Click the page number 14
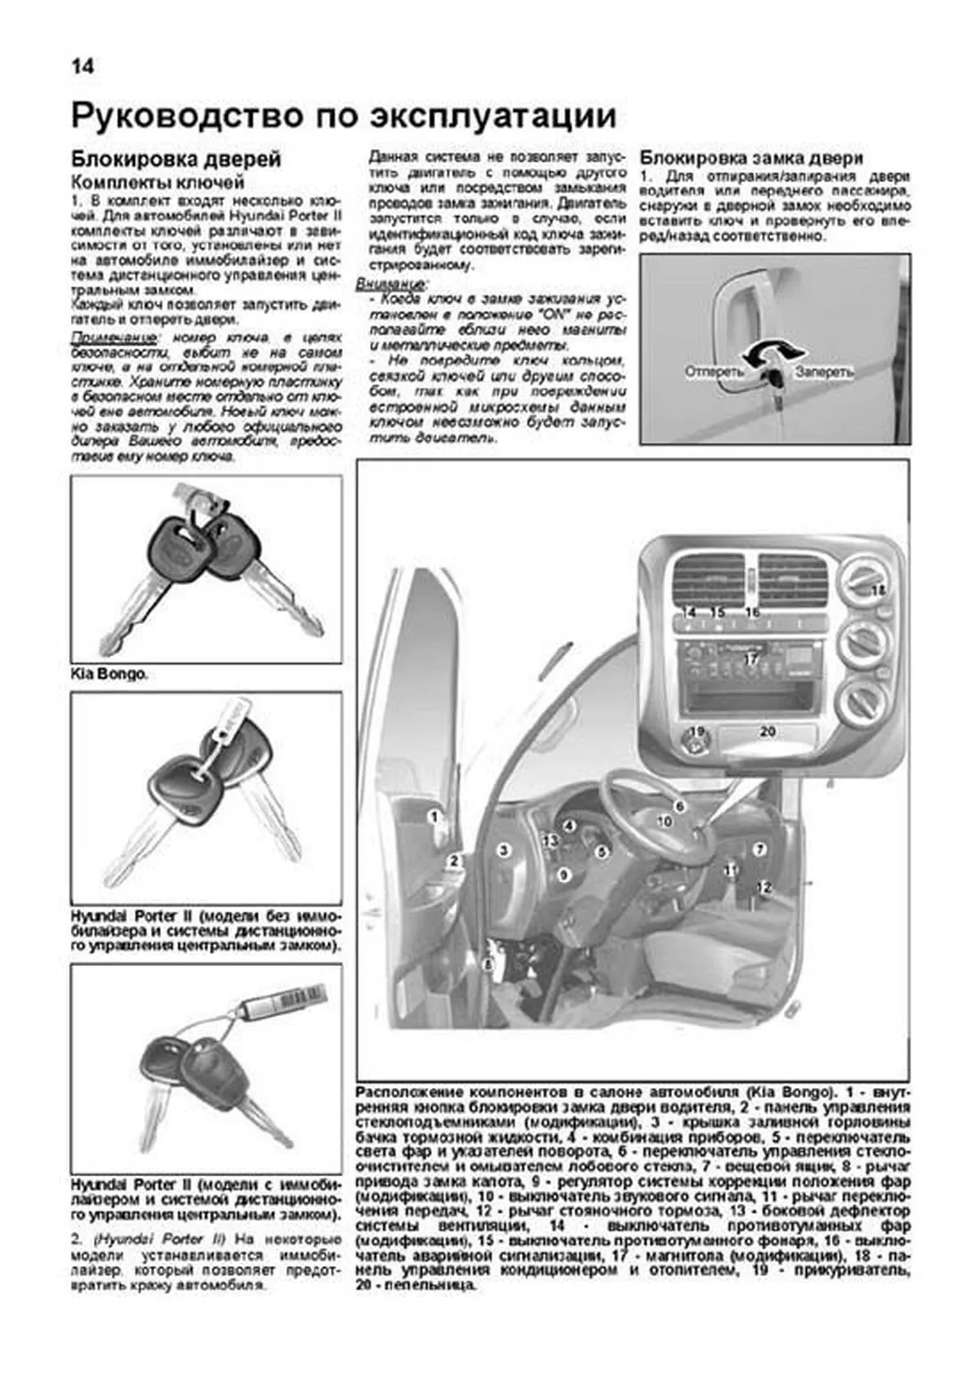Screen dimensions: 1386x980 point(82,66)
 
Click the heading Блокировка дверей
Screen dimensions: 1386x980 point(176,158)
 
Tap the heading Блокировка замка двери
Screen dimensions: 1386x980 point(751,158)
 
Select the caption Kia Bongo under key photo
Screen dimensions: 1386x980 point(109,675)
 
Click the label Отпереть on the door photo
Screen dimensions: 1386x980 point(714,372)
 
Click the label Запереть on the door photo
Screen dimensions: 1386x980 point(824,372)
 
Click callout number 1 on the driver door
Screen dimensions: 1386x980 point(435,815)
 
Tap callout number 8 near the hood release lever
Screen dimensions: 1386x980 point(488,965)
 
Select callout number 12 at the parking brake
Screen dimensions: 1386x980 point(763,886)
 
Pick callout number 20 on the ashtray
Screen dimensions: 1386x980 point(767,732)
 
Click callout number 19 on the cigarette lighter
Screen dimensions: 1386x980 point(695,732)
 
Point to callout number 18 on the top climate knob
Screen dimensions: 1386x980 point(878,590)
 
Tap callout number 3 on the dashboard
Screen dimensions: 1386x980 point(505,850)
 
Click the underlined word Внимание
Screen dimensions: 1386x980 point(390,284)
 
